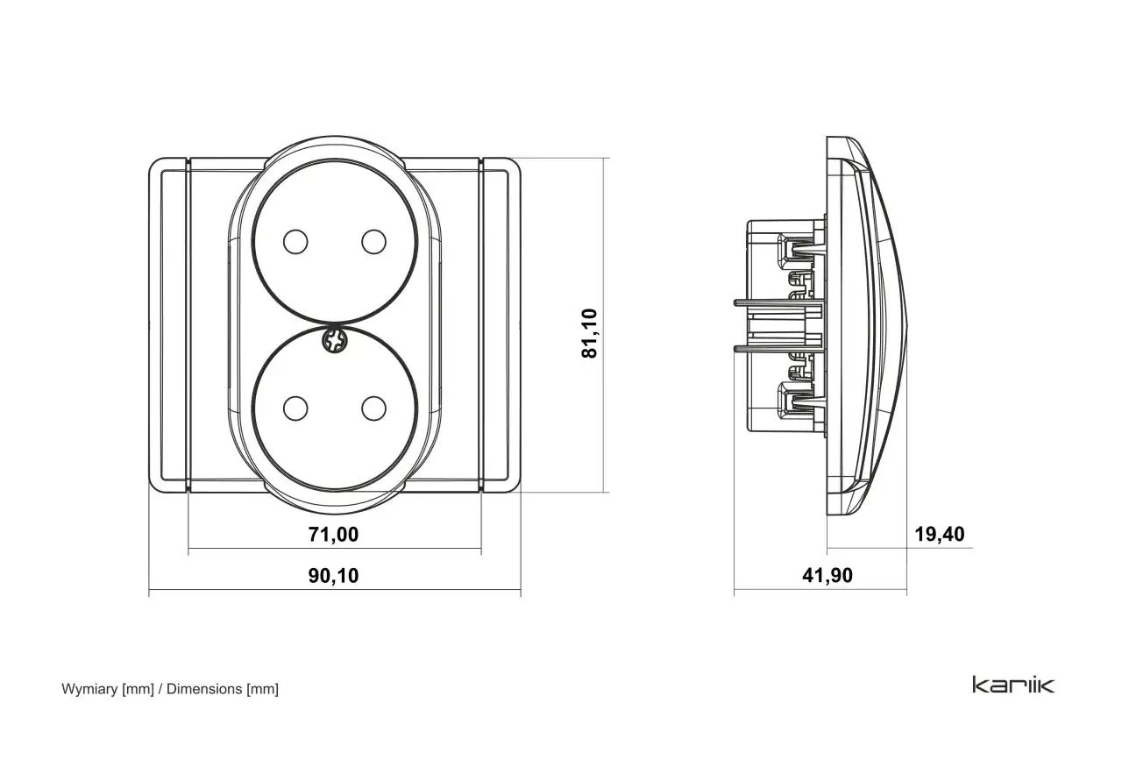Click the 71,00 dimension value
point(333,535)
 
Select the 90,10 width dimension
point(333,576)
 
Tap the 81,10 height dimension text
point(590,334)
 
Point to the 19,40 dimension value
point(940,534)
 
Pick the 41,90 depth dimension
point(827,576)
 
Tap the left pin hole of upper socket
point(295,242)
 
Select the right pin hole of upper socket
point(373,242)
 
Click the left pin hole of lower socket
point(295,408)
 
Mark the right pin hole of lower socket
point(373,408)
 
